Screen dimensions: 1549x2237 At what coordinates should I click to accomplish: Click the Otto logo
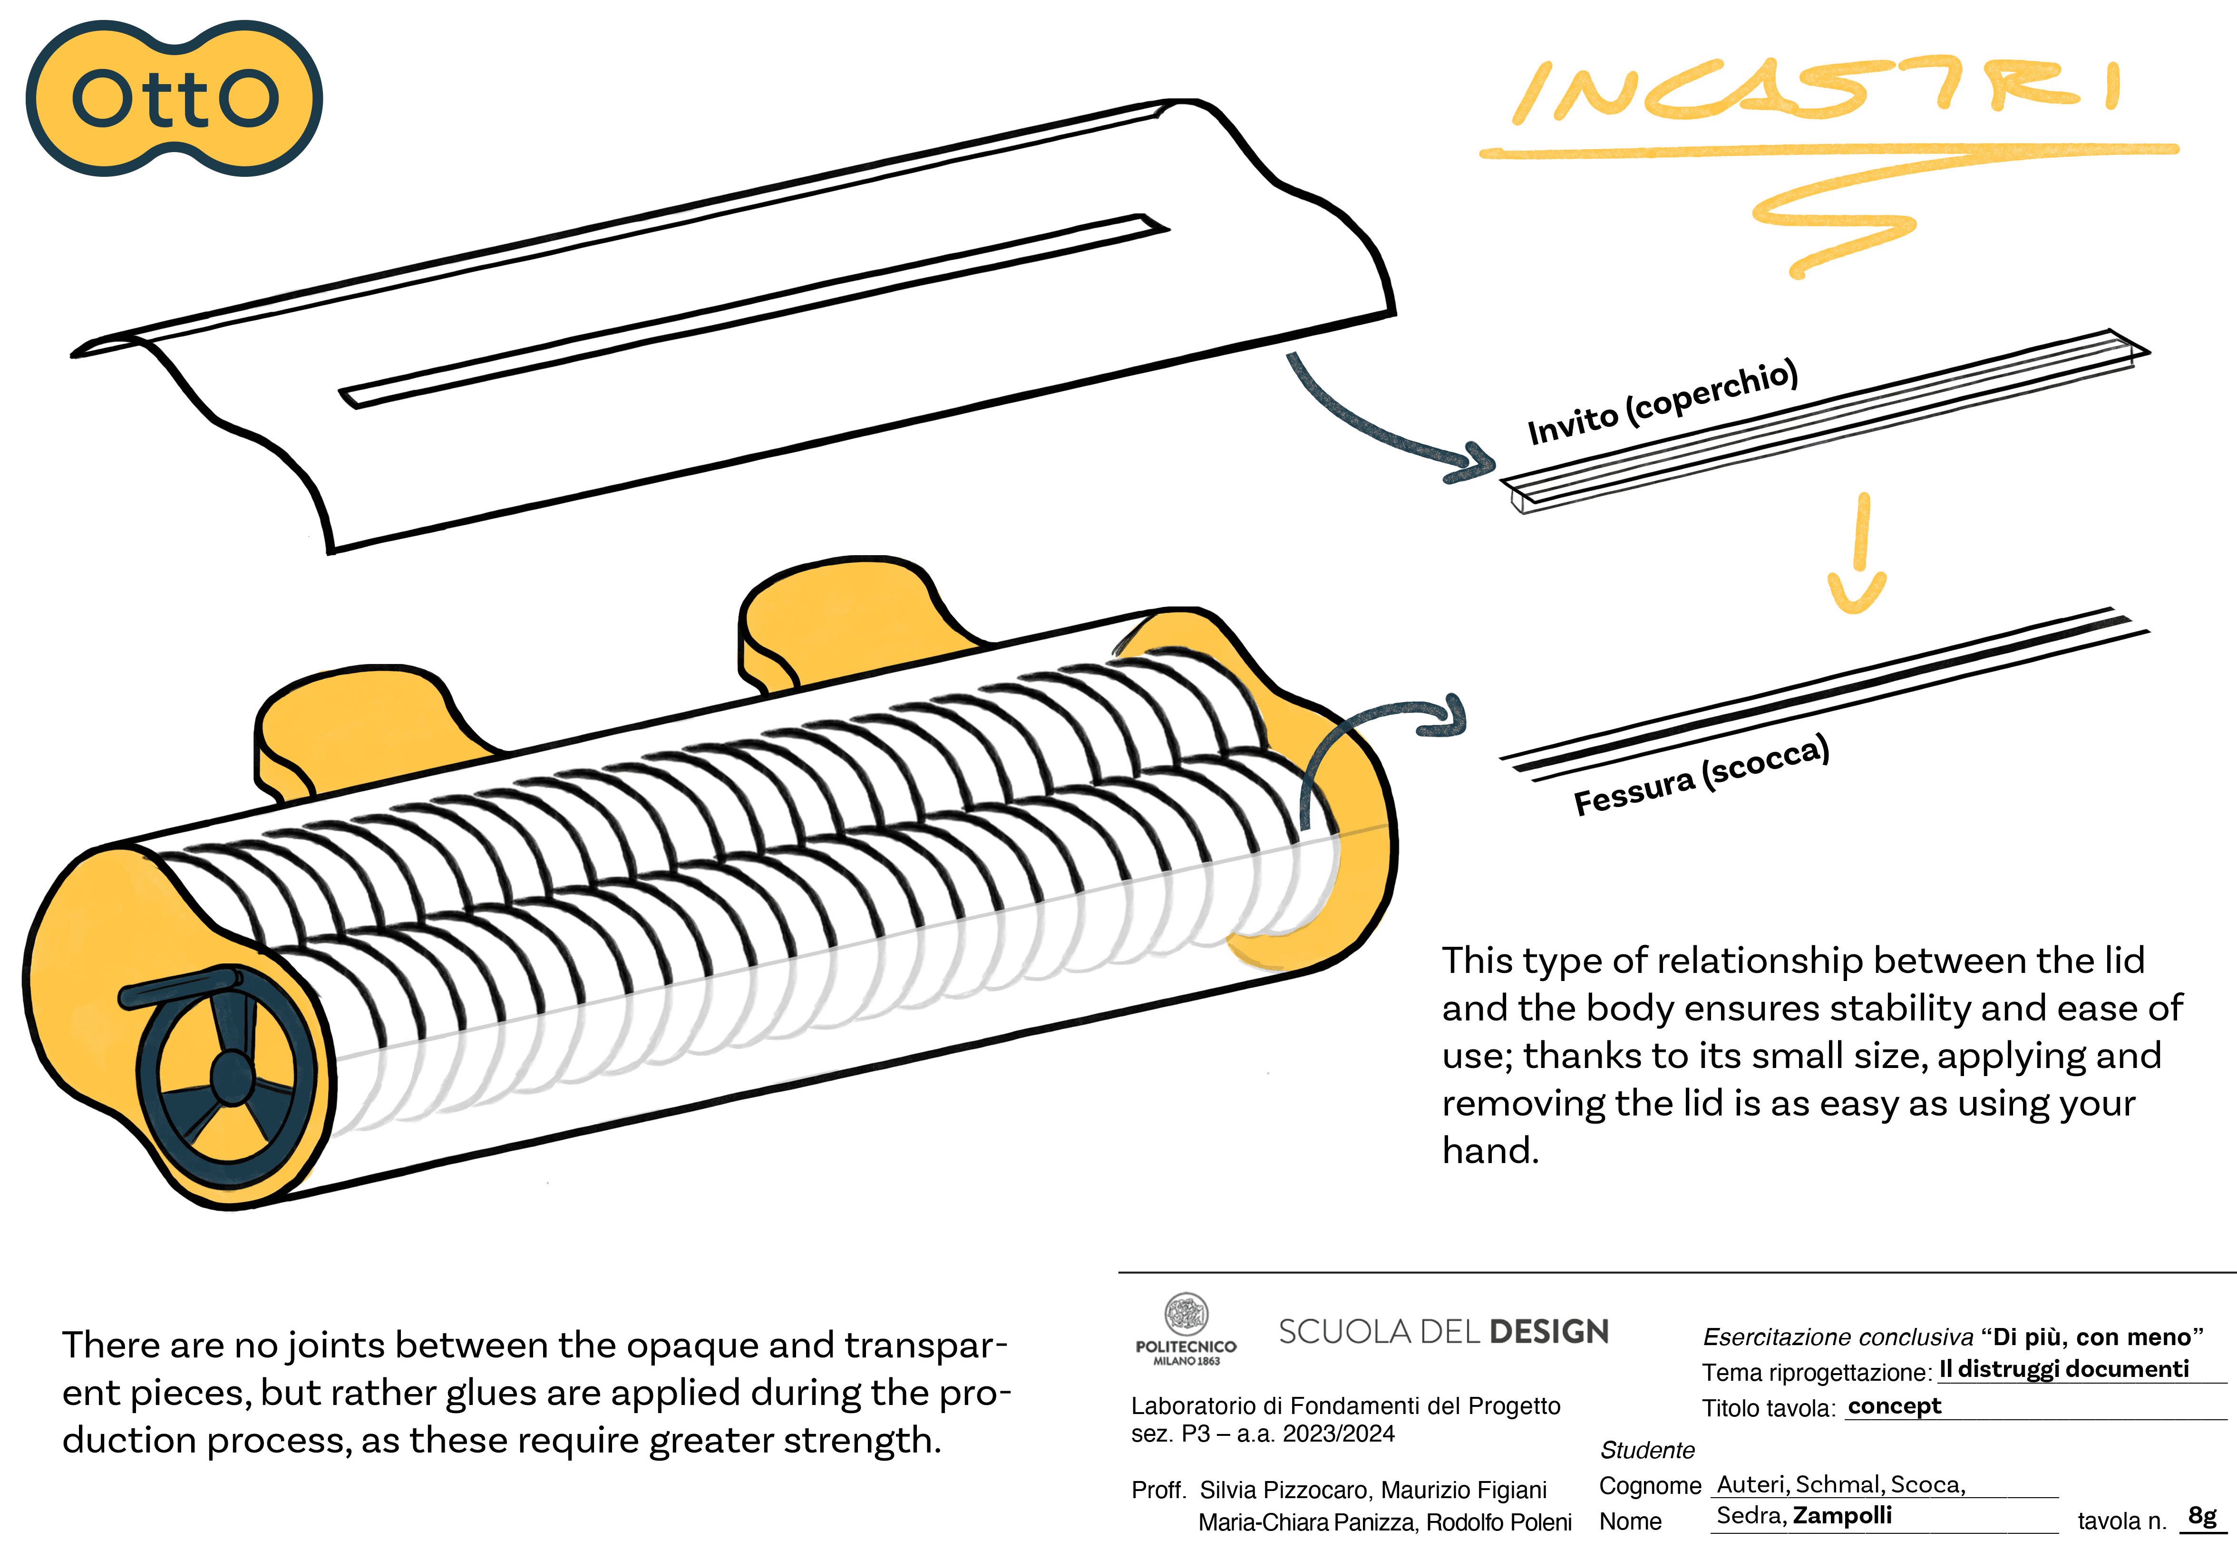click(175, 98)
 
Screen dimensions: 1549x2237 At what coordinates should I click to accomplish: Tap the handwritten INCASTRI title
click(1816, 92)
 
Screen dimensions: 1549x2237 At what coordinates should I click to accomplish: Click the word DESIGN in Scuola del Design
click(1549, 1332)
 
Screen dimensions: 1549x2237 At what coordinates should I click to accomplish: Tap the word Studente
click(1647, 1450)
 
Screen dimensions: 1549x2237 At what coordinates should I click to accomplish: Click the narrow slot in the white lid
click(752, 310)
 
